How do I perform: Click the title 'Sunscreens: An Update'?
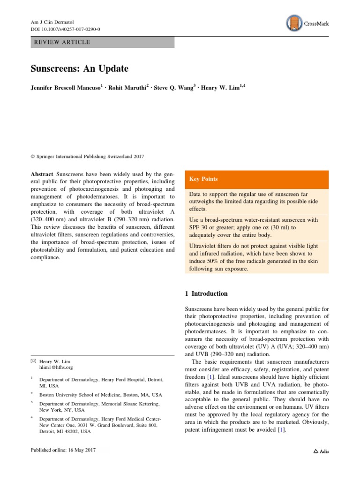[x=79, y=68]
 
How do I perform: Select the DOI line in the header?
[x=65, y=29]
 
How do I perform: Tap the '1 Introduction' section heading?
[x=206, y=294]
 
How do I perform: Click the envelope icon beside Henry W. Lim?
[x=33, y=361]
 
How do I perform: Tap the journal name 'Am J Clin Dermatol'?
[x=52, y=22]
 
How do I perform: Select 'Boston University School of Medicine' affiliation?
[x=96, y=395]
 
